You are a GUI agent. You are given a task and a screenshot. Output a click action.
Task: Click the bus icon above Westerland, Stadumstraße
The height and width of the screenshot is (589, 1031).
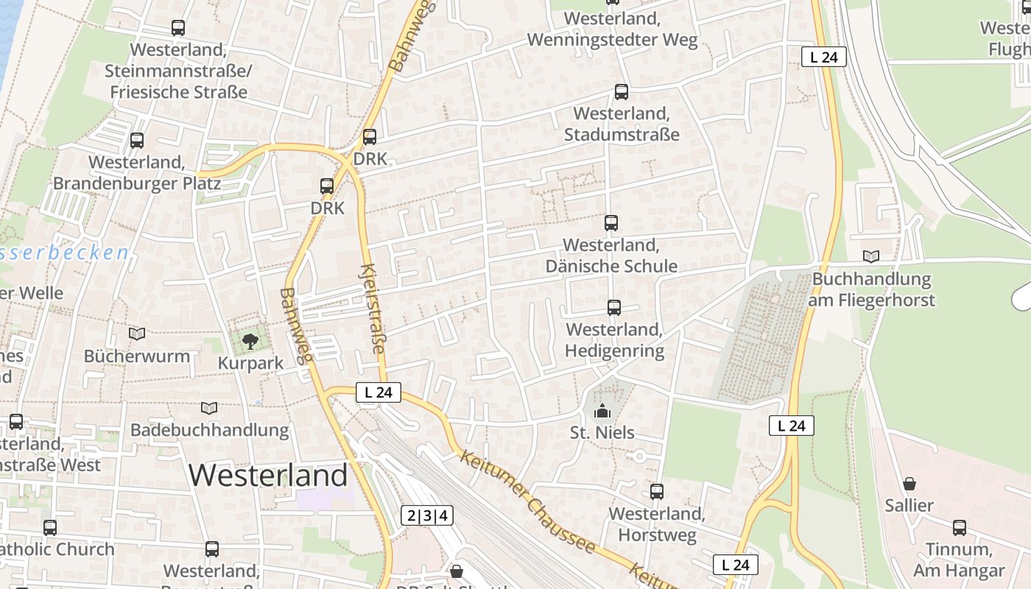click(622, 92)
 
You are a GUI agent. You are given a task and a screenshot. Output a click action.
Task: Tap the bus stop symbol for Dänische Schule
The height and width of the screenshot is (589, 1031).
click(611, 223)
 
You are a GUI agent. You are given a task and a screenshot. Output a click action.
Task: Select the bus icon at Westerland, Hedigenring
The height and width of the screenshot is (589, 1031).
click(614, 308)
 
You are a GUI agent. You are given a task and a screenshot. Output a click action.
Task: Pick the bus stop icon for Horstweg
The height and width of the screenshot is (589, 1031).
click(657, 492)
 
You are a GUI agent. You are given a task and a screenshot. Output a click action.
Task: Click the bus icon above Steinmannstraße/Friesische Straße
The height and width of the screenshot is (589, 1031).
click(178, 28)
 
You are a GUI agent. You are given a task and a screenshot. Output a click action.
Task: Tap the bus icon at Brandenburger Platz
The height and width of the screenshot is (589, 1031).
click(137, 141)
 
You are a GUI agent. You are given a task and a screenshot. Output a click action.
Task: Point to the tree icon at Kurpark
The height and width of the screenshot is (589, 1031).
click(250, 341)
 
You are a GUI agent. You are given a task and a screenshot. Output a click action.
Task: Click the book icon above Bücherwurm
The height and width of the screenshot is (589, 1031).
click(137, 334)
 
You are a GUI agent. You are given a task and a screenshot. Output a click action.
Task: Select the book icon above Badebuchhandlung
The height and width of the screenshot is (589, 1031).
click(209, 407)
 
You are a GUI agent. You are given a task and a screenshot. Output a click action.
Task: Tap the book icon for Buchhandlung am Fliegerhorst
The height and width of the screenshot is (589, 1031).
click(871, 256)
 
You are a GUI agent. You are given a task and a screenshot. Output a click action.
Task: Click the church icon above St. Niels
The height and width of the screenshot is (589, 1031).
click(602, 411)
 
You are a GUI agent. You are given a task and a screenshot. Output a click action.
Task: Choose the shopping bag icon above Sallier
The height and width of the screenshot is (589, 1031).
click(909, 484)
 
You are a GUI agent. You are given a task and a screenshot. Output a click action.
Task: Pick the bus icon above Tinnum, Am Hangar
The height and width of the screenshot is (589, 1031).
click(960, 528)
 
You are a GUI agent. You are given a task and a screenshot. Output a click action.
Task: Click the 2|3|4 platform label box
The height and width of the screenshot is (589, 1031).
click(427, 515)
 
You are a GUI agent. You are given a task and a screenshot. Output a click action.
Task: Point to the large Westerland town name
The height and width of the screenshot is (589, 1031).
click(268, 476)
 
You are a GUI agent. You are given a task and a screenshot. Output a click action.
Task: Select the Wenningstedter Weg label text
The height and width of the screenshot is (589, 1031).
click(613, 40)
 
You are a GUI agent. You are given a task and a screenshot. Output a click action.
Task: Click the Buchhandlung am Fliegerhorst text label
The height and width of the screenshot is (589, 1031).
click(871, 290)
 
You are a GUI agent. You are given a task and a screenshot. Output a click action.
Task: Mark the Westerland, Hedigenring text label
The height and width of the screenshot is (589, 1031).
click(614, 340)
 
